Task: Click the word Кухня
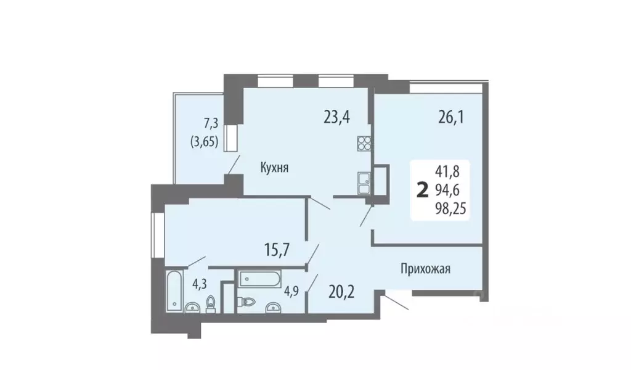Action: [x=274, y=166]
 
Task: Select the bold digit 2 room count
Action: [x=422, y=189]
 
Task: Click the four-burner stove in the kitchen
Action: [x=364, y=144]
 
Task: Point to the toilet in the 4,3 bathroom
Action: [x=211, y=305]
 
